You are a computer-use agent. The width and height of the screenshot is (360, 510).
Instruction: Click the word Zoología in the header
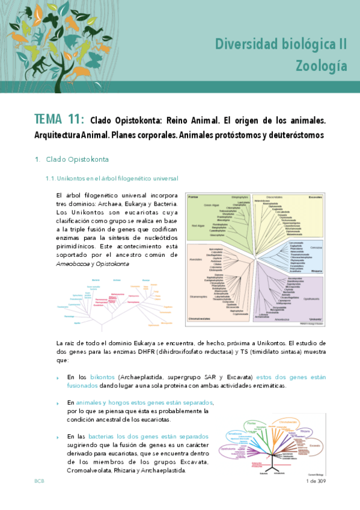(x=321, y=65)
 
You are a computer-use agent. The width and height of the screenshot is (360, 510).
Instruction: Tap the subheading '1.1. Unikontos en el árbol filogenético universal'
(x=112, y=178)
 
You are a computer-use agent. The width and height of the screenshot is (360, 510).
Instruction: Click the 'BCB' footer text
(x=39, y=481)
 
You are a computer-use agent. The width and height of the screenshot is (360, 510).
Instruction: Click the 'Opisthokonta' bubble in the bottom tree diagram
(x=228, y=448)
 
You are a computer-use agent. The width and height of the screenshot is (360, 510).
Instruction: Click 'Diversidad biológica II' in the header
(x=281, y=44)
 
